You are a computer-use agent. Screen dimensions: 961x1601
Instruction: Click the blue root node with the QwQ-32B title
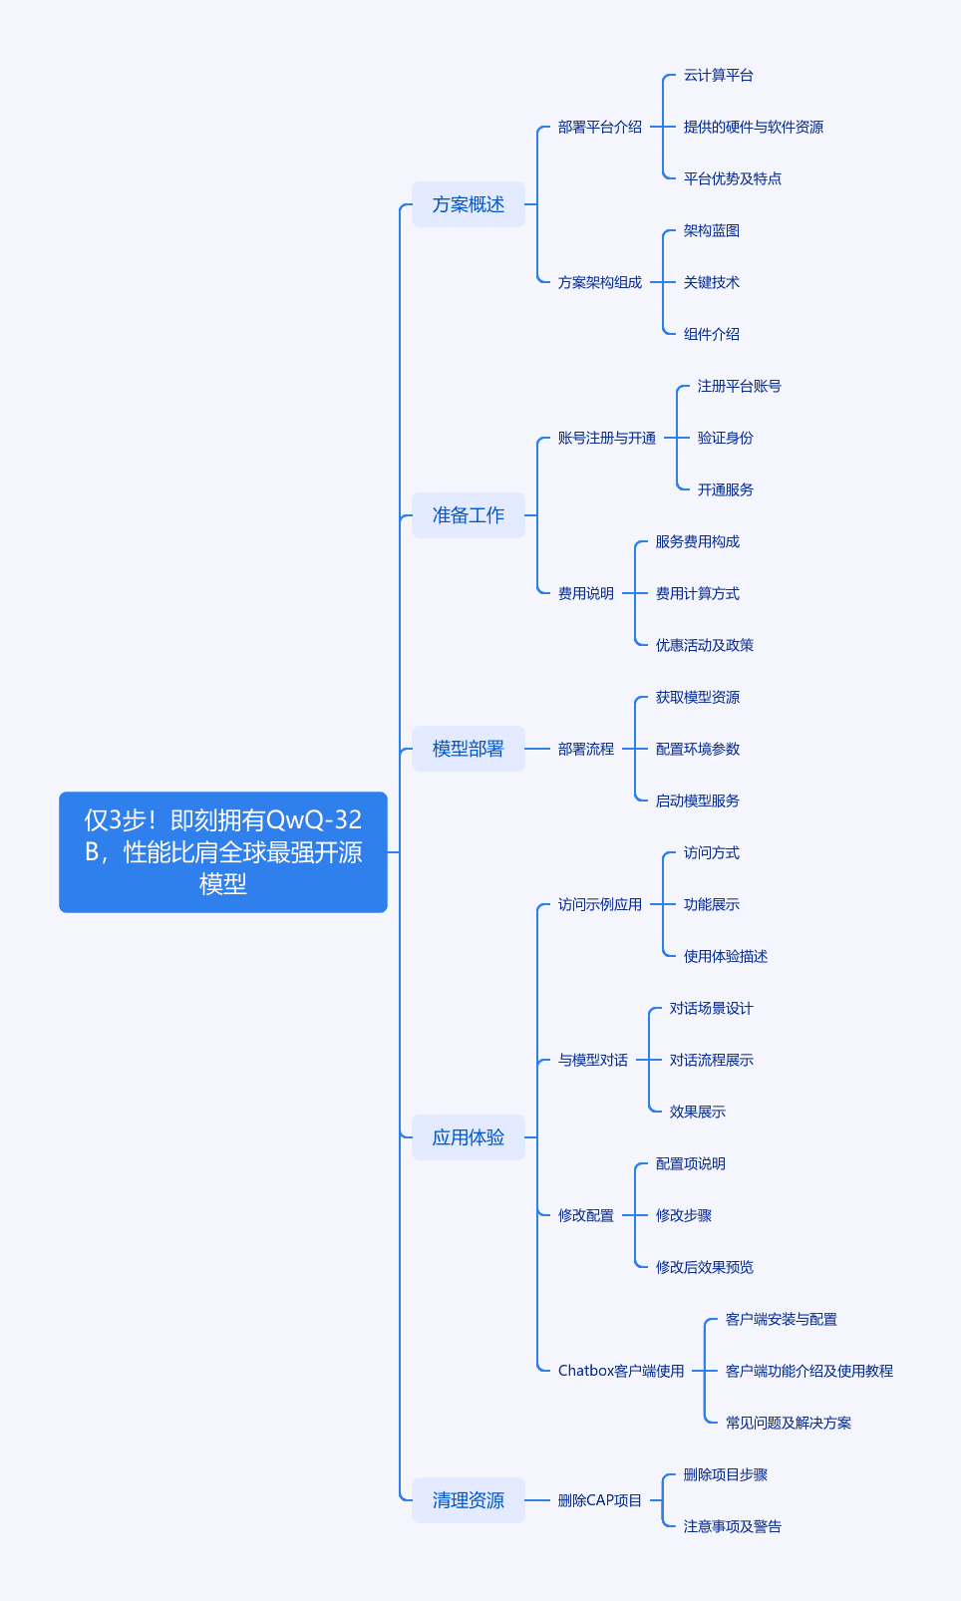click(x=223, y=852)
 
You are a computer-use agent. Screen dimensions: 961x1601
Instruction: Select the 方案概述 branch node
click(x=468, y=204)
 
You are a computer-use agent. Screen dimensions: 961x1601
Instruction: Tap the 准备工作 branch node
click(x=468, y=515)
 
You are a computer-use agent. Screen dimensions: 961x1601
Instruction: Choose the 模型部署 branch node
click(x=468, y=749)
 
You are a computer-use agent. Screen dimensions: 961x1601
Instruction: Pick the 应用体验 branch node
click(x=468, y=1137)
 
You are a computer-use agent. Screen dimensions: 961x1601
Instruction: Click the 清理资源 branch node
click(x=468, y=1500)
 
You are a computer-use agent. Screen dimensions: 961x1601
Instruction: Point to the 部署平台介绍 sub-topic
click(x=599, y=128)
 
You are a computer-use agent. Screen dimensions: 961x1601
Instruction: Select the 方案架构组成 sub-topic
click(x=599, y=282)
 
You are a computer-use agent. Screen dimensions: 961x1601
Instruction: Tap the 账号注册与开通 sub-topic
click(x=607, y=438)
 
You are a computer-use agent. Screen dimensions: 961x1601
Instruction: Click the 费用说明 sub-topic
click(x=585, y=593)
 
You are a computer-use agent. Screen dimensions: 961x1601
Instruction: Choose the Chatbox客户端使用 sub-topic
click(x=621, y=1371)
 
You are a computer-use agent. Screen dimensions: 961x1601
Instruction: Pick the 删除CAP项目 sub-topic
click(x=599, y=1500)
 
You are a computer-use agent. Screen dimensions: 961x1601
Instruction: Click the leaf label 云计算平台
click(x=718, y=75)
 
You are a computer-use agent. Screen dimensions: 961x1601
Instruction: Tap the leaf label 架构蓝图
click(x=711, y=231)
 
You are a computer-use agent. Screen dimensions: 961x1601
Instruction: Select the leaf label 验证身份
click(x=725, y=438)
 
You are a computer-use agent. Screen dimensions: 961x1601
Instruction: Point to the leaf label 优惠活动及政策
click(x=705, y=645)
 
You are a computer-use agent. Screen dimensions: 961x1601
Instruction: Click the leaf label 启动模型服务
click(x=698, y=800)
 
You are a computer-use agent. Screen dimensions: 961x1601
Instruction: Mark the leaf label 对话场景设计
click(x=711, y=1008)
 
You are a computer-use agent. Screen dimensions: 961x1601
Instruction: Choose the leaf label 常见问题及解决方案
click(x=789, y=1423)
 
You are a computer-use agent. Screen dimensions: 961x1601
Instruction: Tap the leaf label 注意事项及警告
click(x=733, y=1526)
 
